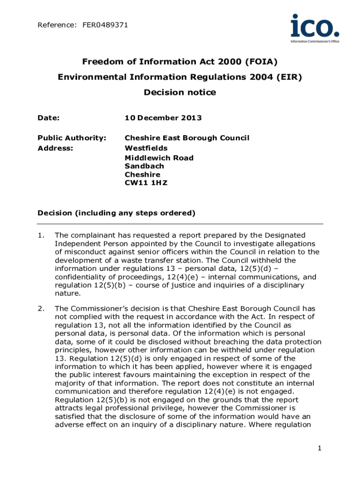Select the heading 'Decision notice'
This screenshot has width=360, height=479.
[x=180, y=92]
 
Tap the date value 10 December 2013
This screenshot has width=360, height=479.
[x=163, y=118]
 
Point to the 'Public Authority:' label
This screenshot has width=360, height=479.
[x=72, y=138]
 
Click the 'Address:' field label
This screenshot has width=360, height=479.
[x=55, y=148]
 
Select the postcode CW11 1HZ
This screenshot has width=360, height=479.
[x=146, y=183]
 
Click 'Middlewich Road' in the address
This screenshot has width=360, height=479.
[x=159, y=158]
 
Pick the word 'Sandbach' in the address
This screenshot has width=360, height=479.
[x=144, y=166]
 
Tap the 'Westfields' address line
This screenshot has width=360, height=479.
[x=146, y=148]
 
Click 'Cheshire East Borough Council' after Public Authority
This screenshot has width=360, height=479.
[x=187, y=138]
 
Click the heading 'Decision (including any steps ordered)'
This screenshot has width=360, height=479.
[x=116, y=213]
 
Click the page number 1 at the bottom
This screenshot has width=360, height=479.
[x=319, y=449]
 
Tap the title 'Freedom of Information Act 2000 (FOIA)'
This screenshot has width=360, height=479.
[x=180, y=62]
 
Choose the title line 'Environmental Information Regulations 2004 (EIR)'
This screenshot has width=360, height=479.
[x=180, y=77]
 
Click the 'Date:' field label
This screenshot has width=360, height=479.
[x=48, y=118]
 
